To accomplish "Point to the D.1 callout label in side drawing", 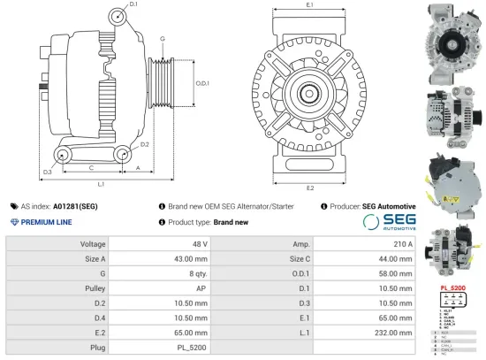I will [x=133, y=5].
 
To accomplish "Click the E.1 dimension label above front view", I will [x=310, y=5].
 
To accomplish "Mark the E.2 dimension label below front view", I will [x=310, y=188].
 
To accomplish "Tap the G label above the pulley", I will [x=163, y=39].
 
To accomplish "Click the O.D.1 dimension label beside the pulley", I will [x=202, y=83].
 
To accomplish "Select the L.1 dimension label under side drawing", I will [x=101, y=184].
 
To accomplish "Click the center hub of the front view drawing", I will [x=310, y=93].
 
